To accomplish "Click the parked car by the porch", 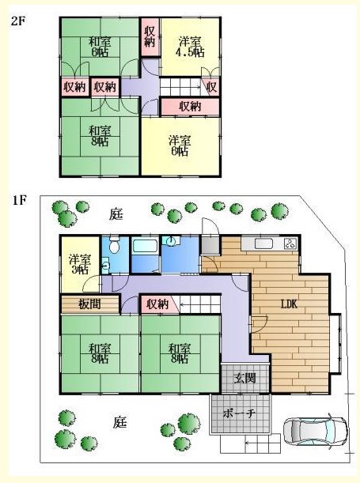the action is (315, 431).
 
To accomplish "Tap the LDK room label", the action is (289, 304).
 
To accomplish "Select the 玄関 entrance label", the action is (244, 379).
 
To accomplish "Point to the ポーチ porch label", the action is (239, 413).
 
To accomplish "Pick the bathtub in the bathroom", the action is (145, 246).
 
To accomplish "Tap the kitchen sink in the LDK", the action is (263, 243).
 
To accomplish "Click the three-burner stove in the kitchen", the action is (290, 243).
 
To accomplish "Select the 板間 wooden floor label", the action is (89, 304).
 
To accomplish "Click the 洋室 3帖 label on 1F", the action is (80, 264).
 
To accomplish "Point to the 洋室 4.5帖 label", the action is (190, 47).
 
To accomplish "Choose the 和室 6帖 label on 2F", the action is (100, 47).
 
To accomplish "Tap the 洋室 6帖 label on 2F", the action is (180, 145).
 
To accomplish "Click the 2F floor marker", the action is (19, 21).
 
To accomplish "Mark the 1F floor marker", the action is (19, 200).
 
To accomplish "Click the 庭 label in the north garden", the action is (116, 214).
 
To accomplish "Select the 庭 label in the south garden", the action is (119, 422).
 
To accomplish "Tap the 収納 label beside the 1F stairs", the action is (157, 304).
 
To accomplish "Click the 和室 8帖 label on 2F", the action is (100, 136).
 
